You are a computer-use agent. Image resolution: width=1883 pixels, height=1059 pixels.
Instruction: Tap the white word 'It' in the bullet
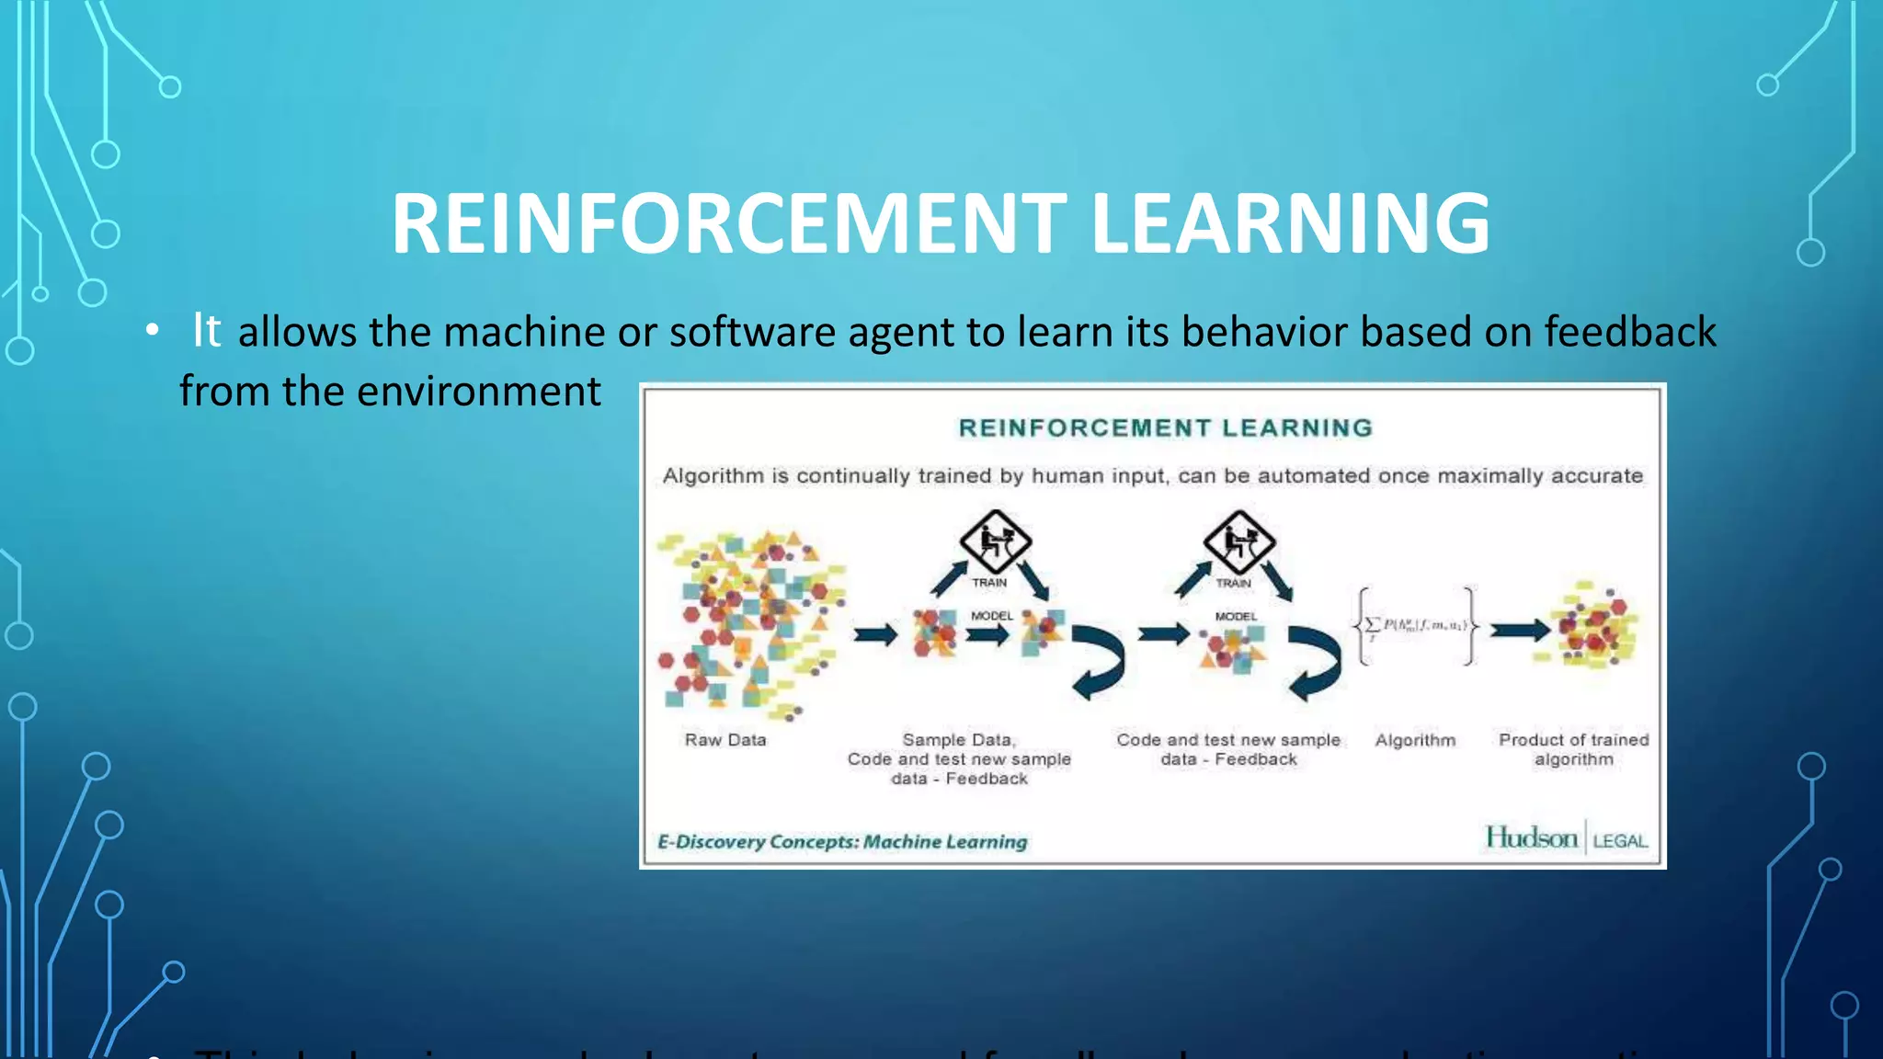pyautogui.click(x=206, y=330)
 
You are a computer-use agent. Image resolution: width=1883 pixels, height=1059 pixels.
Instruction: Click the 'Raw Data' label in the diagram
pyautogui.click(x=725, y=740)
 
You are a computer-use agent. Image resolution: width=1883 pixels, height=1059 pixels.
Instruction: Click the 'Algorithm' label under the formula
pyautogui.click(x=1415, y=740)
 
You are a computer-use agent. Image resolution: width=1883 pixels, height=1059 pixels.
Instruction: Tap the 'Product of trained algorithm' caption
pyautogui.click(x=1573, y=749)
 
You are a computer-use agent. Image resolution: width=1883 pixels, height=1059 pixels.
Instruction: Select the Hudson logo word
pyautogui.click(x=1531, y=837)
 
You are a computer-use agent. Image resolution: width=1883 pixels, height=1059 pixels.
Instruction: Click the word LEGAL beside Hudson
pyautogui.click(x=1620, y=841)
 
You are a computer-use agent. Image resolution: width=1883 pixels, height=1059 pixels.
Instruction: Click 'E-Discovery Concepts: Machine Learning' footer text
pyautogui.click(x=842, y=841)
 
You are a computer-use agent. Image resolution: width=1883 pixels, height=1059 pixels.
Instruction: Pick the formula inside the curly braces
pyautogui.click(x=1416, y=626)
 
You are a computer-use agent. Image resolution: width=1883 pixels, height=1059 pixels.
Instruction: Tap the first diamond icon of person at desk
pyautogui.click(x=995, y=541)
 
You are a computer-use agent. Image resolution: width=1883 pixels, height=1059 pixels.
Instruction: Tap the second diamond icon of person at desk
pyautogui.click(x=1238, y=541)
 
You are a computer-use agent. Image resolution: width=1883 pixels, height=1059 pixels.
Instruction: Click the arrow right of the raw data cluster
pyautogui.click(x=874, y=634)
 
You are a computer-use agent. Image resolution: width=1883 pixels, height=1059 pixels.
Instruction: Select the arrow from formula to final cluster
pyautogui.click(x=1519, y=630)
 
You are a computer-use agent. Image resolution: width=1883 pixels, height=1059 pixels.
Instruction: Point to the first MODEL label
pyautogui.click(x=991, y=615)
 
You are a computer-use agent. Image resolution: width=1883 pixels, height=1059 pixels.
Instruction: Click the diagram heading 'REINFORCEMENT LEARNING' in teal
pyautogui.click(x=1165, y=427)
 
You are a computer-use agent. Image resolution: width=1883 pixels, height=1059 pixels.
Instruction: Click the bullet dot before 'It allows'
pyautogui.click(x=153, y=330)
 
